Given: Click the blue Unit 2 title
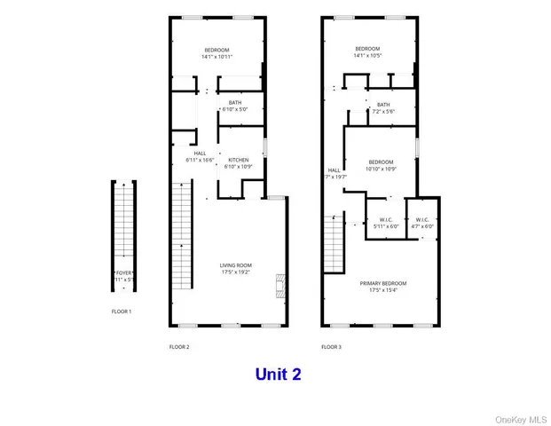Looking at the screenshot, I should point(278,374).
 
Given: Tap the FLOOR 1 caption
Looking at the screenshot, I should point(122,312).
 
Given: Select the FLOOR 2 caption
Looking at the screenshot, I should point(179,347).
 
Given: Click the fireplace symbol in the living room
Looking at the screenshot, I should point(280,285).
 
